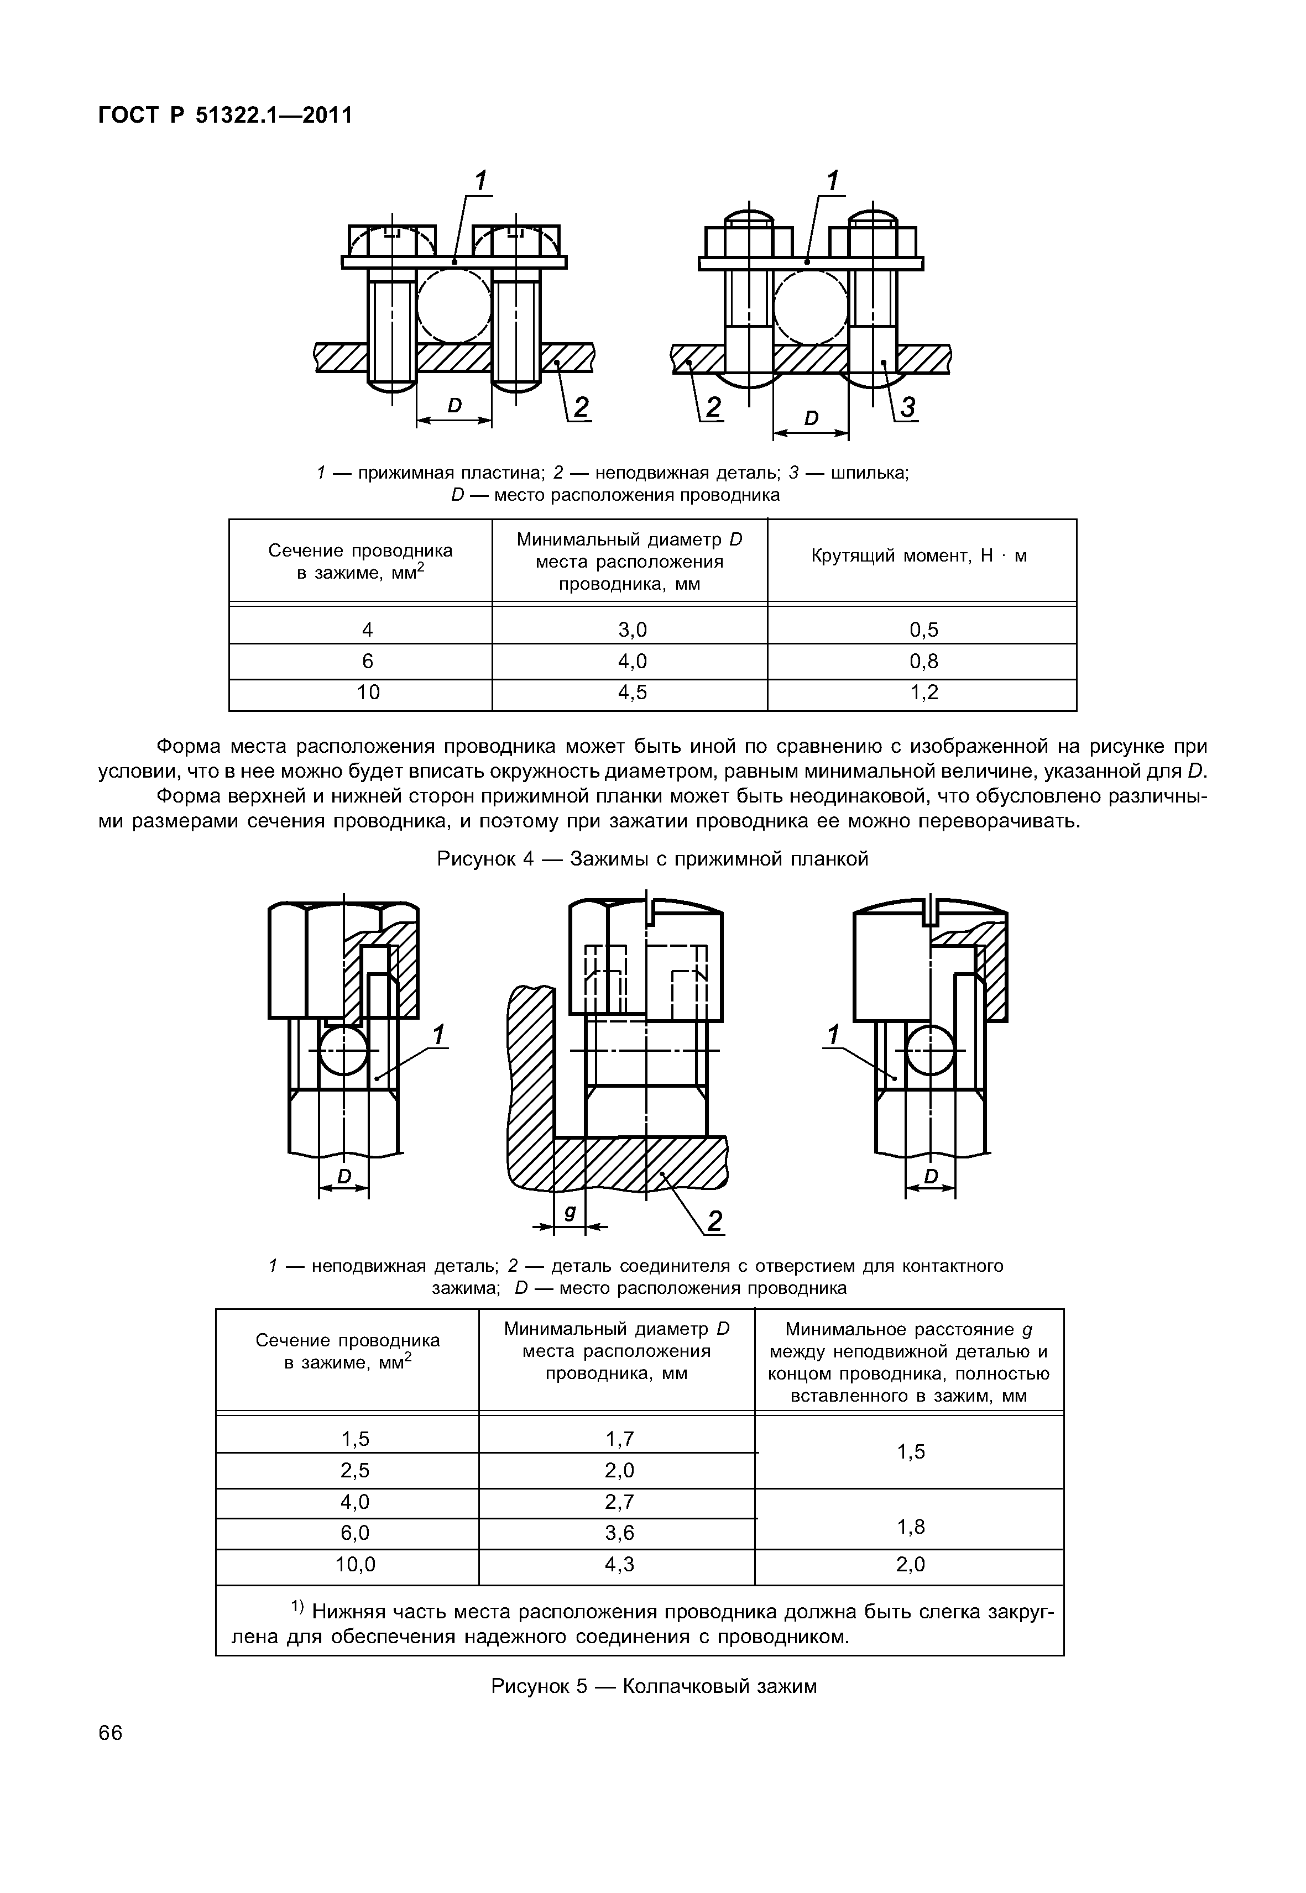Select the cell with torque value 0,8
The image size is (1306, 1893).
923,661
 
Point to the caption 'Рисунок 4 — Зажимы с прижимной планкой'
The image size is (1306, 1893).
652,859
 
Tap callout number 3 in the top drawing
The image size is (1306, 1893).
907,407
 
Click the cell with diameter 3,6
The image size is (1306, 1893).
619,1532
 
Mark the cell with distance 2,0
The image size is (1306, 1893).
910,1564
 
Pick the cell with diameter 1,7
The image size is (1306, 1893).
619,1438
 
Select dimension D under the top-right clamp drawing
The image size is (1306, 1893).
811,418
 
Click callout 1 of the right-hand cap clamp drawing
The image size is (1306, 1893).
834,1036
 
